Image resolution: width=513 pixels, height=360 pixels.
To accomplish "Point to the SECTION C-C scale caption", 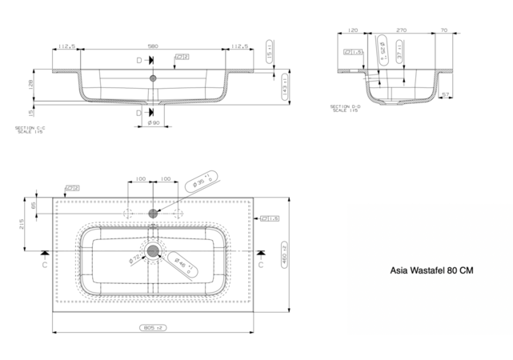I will [x=30, y=130].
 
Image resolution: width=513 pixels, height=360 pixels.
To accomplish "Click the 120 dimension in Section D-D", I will [x=353, y=30].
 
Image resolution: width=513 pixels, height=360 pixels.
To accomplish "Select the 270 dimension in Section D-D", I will [x=401, y=30].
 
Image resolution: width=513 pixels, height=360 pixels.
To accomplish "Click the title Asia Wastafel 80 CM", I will [x=430, y=271].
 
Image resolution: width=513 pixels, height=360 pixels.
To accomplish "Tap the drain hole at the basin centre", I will [x=152, y=252].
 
